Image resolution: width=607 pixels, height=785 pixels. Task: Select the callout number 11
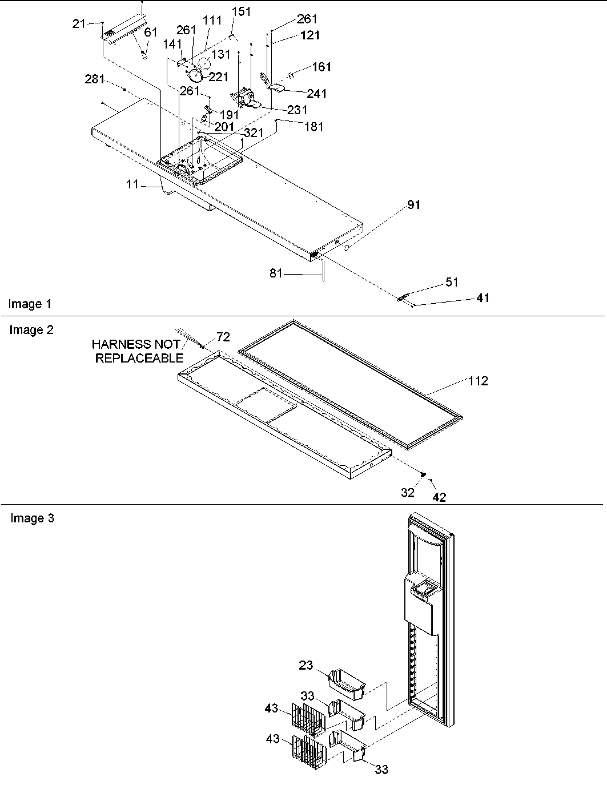coord(132,185)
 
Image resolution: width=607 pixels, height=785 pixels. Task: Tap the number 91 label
coord(413,205)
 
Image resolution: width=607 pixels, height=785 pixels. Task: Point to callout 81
coord(276,274)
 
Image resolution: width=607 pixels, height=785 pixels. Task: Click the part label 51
coord(452,282)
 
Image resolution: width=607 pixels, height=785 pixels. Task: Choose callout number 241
coord(317,94)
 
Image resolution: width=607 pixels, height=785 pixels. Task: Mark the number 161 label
coord(321,67)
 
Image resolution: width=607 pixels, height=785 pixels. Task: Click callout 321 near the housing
coord(253,132)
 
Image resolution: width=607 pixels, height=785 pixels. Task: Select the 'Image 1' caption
coord(30,304)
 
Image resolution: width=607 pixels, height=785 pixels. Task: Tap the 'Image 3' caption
coord(33,518)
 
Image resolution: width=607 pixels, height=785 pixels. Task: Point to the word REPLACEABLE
coord(139,359)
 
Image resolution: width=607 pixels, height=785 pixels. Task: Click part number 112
coord(479,381)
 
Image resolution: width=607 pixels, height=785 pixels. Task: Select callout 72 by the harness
coord(223,337)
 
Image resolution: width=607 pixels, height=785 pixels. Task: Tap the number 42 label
coord(439,497)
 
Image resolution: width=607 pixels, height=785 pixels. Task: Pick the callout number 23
coord(306,665)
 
